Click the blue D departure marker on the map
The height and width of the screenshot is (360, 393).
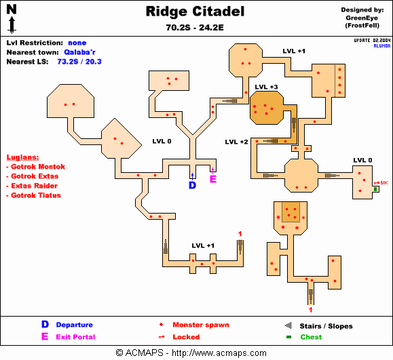pyautogui.click(x=192, y=185)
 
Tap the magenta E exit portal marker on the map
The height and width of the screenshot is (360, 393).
pyautogui.click(x=213, y=179)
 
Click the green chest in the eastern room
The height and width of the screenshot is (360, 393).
pyautogui.click(x=375, y=189)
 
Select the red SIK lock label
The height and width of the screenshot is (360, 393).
pyautogui.click(x=384, y=183)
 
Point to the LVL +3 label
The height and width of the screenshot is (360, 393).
pyautogui.click(x=267, y=87)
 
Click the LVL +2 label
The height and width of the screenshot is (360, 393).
pyautogui.click(x=236, y=142)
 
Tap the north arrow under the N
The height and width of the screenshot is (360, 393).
pyautogui.click(x=12, y=25)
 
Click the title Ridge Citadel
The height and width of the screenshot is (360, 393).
pyautogui.click(x=195, y=12)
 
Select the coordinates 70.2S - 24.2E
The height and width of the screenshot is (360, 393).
pyautogui.click(x=195, y=27)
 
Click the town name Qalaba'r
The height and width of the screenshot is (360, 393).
pyautogui.click(x=79, y=52)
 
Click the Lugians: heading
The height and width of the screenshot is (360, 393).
pyautogui.click(x=22, y=157)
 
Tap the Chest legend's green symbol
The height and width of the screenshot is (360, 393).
pyautogui.click(x=288, y=337)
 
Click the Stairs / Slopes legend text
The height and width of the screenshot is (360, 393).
pyautogui.click(x=326, y=326)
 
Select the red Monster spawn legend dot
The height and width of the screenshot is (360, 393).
pyautogui.click(x=161, y=325)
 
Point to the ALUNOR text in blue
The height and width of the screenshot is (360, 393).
pyautogui.click(x=382, y=46)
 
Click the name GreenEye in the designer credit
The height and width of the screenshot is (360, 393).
pyautogui.click(x=362, y=18)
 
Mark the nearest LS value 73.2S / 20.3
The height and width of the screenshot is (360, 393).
pyautogui.click(x=79, y=62)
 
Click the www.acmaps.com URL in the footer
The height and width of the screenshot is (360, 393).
pyautogui.click(x=219, y=353)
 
